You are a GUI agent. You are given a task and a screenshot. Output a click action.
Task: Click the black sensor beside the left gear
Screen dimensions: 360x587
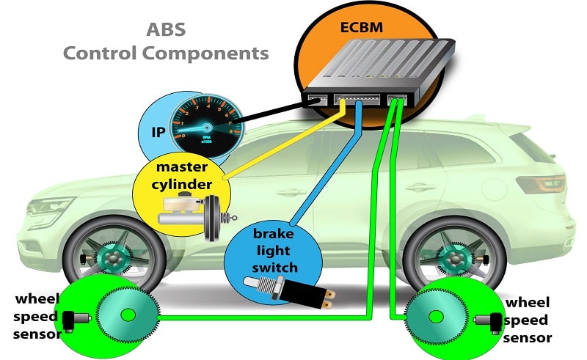(73, 320)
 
